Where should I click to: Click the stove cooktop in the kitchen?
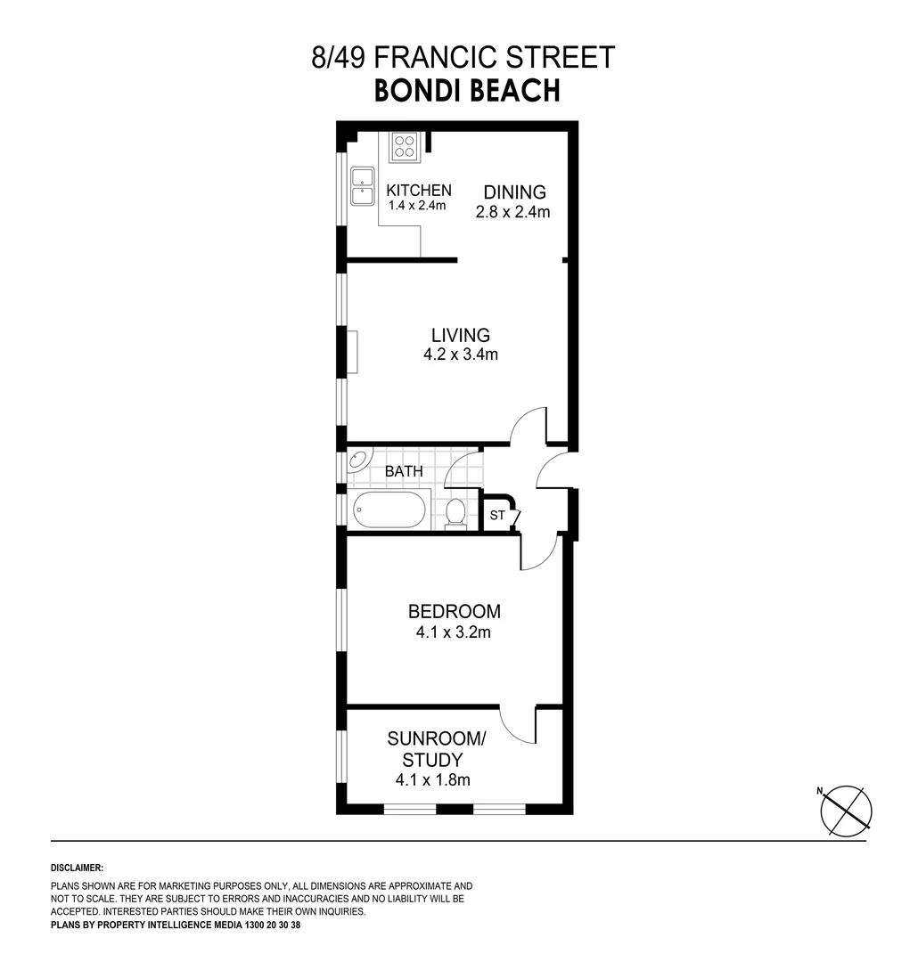pyautogui.click(x=404, y=146)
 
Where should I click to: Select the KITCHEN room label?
pyautogui.click(x=418, y=191)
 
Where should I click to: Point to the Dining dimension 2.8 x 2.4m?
pyautogui.click(x=512, y=212)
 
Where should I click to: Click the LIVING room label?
pyautogui.click(x=460, y=336)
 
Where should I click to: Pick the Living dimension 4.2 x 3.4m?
pyautogui.click(x=460, y=355)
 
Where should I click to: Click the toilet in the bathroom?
pyautogui.click(x=455, y=513)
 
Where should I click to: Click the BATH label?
pyautogui.click(x=404, y=471)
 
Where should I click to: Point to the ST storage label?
pyautogui.click(x=496, y=515)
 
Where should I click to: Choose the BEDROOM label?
pyautogui.click(x=454, y=612)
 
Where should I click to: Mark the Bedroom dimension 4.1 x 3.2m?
pyautogui.click(x=454, y=633)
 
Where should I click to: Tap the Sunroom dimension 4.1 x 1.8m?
pyautogui.click(x=432, y=780)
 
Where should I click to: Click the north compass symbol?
pyautogui.click(x=845, y=811)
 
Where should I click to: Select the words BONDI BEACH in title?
pyautogui.click(x=466, y=90)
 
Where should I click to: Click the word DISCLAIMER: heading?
pyautogui.click(x=78, y=868)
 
